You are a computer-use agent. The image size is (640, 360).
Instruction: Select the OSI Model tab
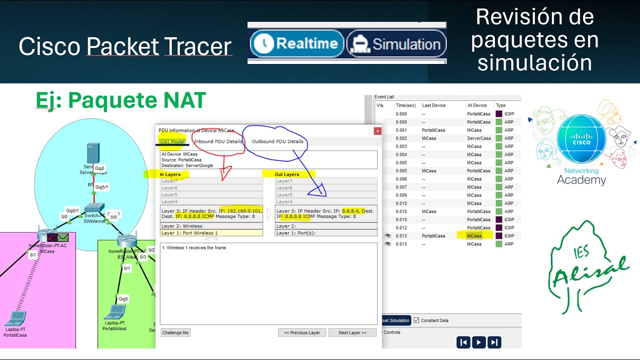coord(172,141)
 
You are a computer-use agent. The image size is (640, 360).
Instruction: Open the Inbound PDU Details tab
coord(218,141)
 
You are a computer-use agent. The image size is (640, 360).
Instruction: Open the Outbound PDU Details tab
coord(277,141)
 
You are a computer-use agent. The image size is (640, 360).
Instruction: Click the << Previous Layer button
coord(302,332)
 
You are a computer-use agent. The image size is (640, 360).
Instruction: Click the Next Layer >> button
coord(352,332)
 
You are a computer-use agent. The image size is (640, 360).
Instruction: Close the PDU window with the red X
coord(377,131)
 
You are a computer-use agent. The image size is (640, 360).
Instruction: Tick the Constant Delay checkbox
coord(416,320)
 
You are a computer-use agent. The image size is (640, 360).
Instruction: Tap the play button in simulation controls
coord(479,342)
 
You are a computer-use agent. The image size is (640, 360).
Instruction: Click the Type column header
coord(500,105)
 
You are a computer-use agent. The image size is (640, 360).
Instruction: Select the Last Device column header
coord(433,105)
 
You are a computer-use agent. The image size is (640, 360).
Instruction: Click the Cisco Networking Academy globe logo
coord(581,139)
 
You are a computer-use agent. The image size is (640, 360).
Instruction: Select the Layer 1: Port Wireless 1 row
coord(211,233)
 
